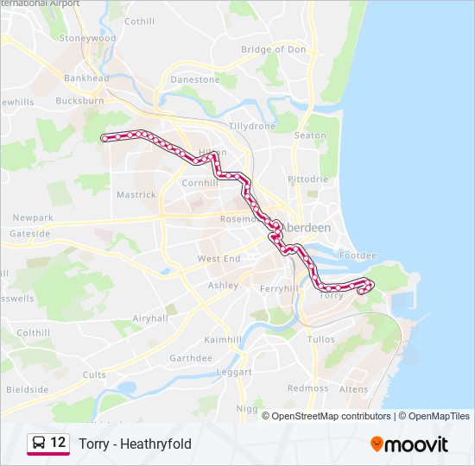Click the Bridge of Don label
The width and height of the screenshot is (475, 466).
click(274, 49)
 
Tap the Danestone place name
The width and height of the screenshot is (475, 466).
click(195, 79)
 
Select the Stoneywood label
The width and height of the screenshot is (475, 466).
click(87, 39)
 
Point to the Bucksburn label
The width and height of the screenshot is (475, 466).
click(79, 101)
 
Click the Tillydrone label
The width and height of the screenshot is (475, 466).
click(251, 126)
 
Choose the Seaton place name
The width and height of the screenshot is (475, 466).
click(310, 135)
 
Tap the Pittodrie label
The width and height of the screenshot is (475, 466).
click(308, 179)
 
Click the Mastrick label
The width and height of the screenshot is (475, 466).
click(136, 195)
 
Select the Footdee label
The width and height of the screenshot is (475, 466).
click(358, 256)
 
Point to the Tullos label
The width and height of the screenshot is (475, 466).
click(321, 340)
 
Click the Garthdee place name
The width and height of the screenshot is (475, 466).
click(191, 358)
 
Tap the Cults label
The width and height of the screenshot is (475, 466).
click(94, 375)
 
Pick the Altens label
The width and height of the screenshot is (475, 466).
click(353, 390)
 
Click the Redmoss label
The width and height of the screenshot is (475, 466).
click(308, 388)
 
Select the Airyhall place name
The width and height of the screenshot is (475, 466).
click(150, 318)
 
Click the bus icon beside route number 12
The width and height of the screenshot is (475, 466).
click(39, 444)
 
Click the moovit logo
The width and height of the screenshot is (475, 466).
click(409, 444)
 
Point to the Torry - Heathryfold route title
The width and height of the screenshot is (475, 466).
click(135, 444)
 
